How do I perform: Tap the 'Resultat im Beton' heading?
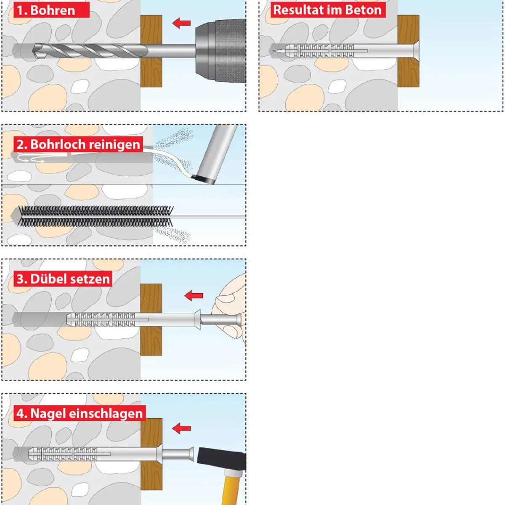(x=328, y=10)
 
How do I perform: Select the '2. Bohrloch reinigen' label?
(x=78, y=144)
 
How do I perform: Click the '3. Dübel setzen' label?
(x=63, y=279)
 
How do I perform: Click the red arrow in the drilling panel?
(x=181, y=23)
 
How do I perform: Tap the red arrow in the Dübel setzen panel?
(x=194, y=295)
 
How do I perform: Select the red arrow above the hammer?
(x=181, y=428)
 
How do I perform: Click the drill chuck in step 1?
(x=221, y=51)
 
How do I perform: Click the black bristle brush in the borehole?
(x=96, y=216)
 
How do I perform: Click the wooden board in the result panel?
(x=408, y=51)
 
